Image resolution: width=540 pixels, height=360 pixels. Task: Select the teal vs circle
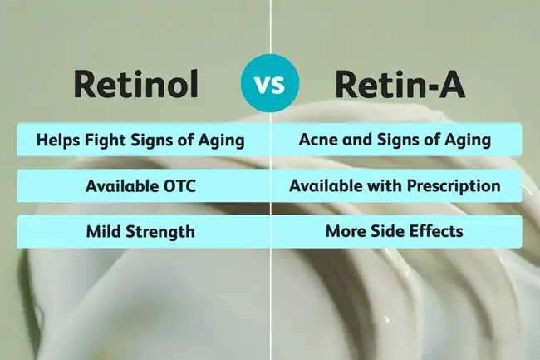click(270, 83)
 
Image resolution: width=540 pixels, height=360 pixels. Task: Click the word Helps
click(57, 140)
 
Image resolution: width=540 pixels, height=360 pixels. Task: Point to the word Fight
click(104, 140)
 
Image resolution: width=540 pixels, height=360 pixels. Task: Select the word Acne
click(317, 140)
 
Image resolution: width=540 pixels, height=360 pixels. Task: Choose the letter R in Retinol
click(87, 83)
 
